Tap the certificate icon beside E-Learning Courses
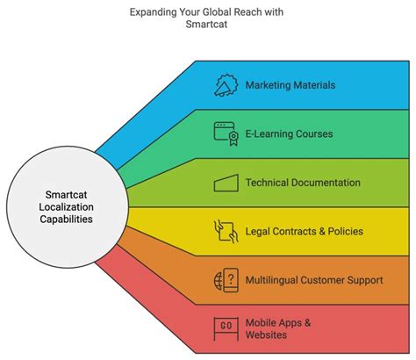227,133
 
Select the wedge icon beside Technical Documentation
226,183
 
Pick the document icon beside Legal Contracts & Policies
226,232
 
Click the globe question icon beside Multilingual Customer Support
226,280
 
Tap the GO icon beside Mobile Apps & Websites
226,329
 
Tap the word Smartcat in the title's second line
208,25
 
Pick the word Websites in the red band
268,335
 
